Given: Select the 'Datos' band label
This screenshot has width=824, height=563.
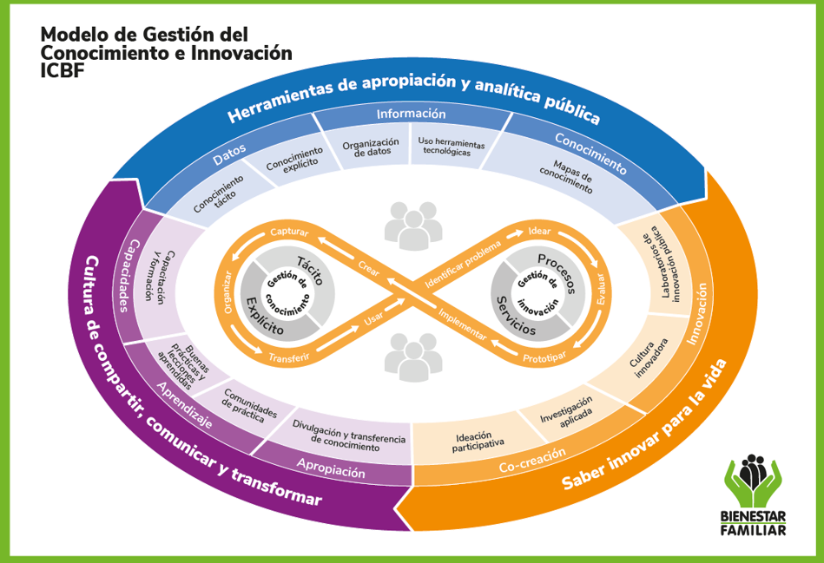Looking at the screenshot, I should pyautogui.click(x=229, y=154).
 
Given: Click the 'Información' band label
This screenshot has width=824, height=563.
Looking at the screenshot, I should pyautogui.click(x=411, y=115).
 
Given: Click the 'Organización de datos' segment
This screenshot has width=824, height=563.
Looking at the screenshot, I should pyautogui.click(x=370, y=148).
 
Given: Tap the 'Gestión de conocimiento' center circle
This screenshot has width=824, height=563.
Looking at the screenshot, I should pyautogui.click(x=287, y=291).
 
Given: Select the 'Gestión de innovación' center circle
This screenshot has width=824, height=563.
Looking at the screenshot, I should pyautogui.click(x=534, y=291).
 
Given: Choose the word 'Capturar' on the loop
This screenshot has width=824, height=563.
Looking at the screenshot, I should pyautogui.click(x=290, y=232).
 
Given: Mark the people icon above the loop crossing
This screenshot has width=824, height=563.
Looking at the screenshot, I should pyautogui.click(x=411, y=223).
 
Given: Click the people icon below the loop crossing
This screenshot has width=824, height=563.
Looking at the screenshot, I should pyautogui.click(x=411, y=356).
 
